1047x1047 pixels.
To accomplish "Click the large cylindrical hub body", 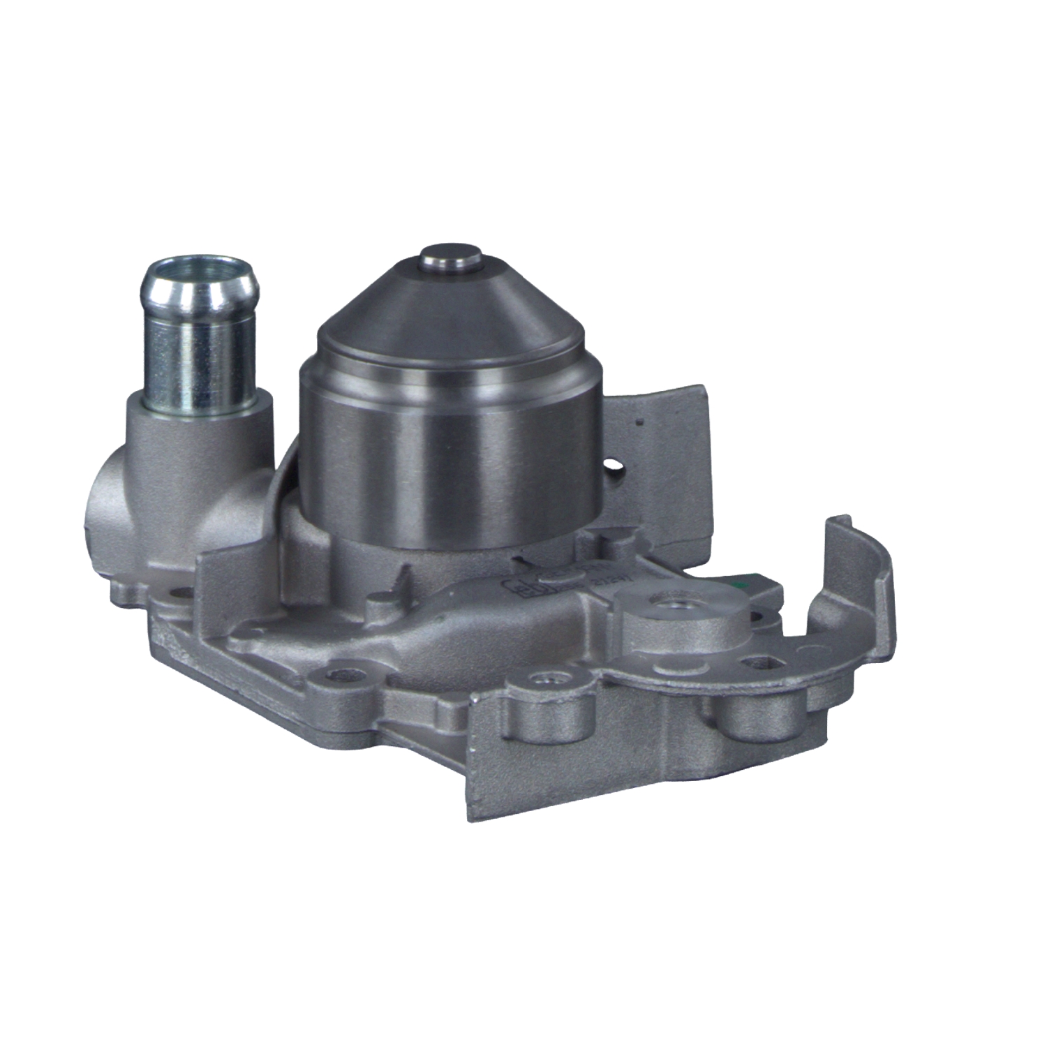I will click(450, 454).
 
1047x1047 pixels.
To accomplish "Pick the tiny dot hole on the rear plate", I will click(637, 422).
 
